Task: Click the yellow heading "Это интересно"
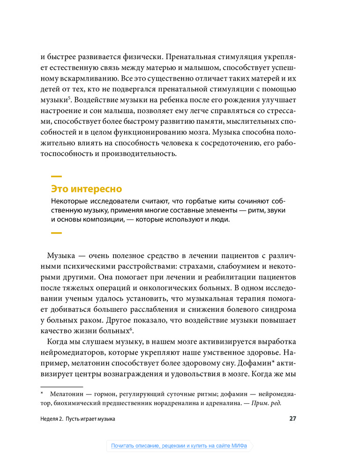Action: click(x=86, y=189)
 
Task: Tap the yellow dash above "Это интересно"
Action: click(x=56, y=176)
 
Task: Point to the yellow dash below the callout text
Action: click(x=56, y=233)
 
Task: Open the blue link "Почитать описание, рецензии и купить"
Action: click(x=179, y=446)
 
